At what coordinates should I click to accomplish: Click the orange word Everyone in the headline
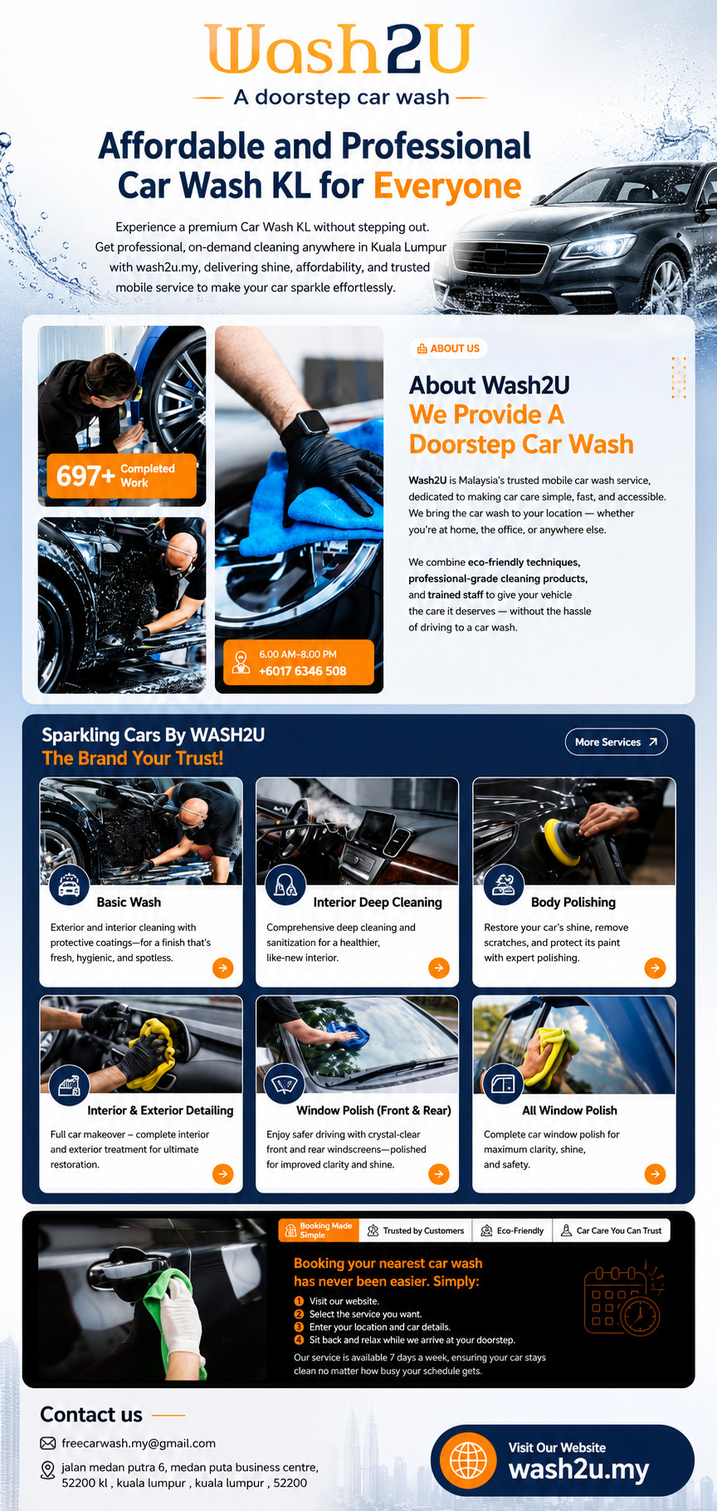pyautogui.click(x=447, y=186)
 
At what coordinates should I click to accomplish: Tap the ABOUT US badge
pyautogui.click(x=448, y=349)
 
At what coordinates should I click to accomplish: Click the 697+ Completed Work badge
pyautogui.click(x=122, y=475)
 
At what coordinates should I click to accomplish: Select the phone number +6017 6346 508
pyautogui.click(x=302, y=671)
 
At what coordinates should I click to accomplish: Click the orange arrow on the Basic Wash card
pyautogui.click(x=222, y=968)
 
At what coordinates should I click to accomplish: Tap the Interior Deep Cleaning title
pyautogui.click(x=378, y=902)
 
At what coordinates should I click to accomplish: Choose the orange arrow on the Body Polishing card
pyautogui.click(x=655, y=968)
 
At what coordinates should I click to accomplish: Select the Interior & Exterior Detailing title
pyautogui.click(x=160, y=1110)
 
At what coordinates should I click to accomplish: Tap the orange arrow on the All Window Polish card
pyautogui.click(x=655, y=1174)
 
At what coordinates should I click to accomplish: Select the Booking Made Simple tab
pyautogui.click(x=319, y=1231)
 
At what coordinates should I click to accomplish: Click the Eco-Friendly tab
pyautogui.click(x=512, y=1231)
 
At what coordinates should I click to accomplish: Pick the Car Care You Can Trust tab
pyautogui.click(x=612, y=1231)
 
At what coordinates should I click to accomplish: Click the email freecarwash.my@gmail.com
pyautogui.click(x=139, y=1443)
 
